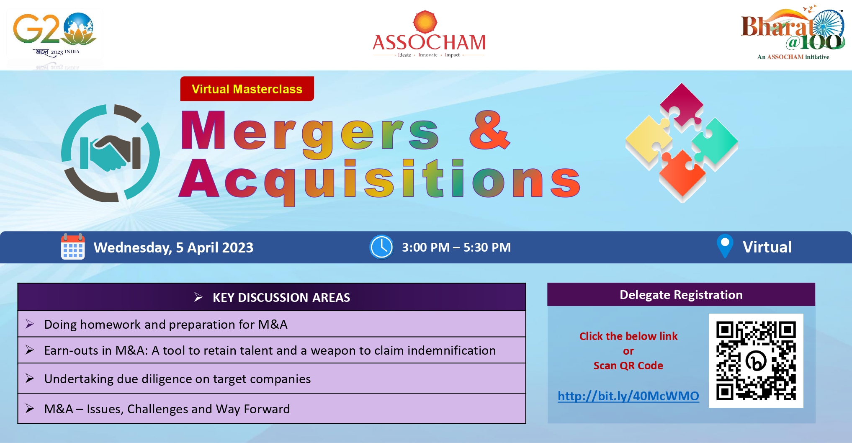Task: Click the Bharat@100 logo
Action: point(793,33)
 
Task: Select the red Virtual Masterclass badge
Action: point(247,89)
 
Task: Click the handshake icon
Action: point(110,153)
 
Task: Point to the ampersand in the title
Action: point(489,130)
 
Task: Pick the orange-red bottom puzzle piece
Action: point(682,174)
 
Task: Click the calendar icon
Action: point(73,247)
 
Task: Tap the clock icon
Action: point(381,247)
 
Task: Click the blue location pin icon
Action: point(725,246)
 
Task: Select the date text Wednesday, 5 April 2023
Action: point(173,247)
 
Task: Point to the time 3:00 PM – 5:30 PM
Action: point(456,247)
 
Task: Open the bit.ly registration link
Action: point(628,396)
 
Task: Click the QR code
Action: point(756,361)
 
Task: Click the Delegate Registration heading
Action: point(681,295)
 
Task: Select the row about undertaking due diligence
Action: point(272,379)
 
